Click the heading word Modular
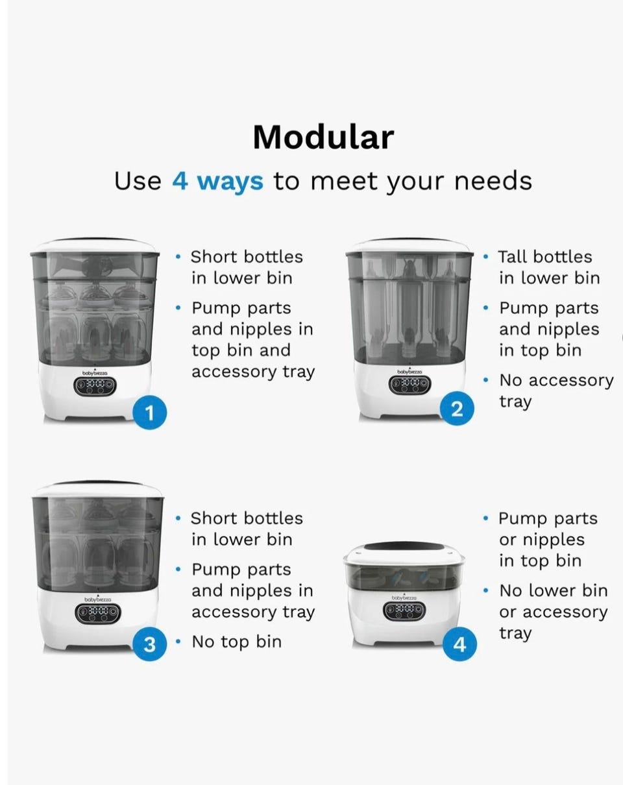coord(323,138)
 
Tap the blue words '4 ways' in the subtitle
coord(217,180)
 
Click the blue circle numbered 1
coord(150,413)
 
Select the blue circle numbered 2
coord(457,409)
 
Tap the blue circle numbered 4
coord(459,644)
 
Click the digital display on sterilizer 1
coord(95,386)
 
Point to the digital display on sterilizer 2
coord(409,385)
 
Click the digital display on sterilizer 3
coord(98,614)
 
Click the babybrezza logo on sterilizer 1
coord(95,372)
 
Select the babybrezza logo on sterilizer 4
coord(404,598)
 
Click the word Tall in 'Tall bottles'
coord(513,257)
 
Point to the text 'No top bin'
coord(236,642)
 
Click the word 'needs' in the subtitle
coord(493,181)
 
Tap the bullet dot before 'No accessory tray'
coord(485,380)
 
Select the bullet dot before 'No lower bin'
coord(485,590)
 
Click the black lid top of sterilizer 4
coord(404,546)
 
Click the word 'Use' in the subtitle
coord(138,181)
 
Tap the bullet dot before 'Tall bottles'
coord(485,257)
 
